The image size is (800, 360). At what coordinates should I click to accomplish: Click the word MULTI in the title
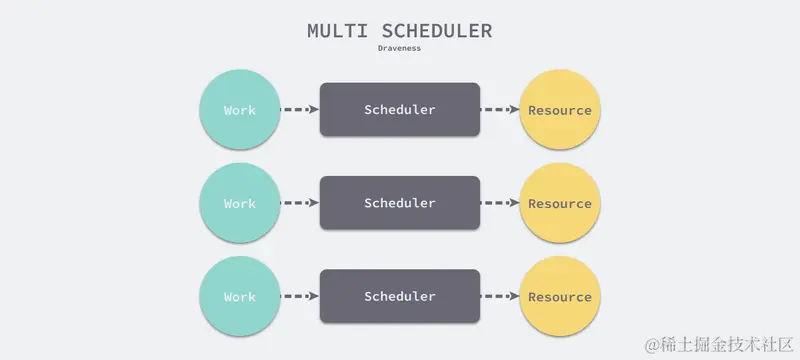click(x=337, y=31)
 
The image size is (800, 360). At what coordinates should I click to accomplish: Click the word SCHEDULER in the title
click(x=437, y=31)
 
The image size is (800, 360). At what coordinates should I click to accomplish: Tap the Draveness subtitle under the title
click(x=399, y=48)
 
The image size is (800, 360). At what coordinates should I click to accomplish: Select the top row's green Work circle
click(x=240, y=110)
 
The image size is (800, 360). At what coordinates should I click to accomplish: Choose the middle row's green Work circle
click(x=240, y=203)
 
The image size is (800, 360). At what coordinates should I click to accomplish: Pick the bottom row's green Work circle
click(x=240, y=296)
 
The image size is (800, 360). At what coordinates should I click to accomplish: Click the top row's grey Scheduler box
click(x=400, y=110)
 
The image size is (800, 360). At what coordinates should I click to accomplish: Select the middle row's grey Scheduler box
click(x=400, y=203)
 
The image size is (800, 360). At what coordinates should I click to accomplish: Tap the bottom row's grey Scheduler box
click(x=400, y=296)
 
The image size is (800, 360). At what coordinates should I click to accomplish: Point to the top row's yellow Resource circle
click(x=560, y=110)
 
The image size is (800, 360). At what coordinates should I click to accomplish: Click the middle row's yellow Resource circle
click(x=560, y=203)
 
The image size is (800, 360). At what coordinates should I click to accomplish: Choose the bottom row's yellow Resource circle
click(x=560, y=296)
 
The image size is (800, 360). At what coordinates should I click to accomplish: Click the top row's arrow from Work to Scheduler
click(x=300, y=110)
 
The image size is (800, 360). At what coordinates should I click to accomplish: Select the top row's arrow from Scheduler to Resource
click(x=500, y=110)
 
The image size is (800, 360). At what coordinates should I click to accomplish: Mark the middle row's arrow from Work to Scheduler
click(x=300, y=203)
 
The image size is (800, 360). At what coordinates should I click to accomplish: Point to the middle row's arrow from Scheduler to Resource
click(x=500, y=203)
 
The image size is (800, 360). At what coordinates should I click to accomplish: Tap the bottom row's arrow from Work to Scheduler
click(x=300, y=296)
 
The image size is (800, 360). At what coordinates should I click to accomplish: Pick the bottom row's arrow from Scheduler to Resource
click(x=500, y=296)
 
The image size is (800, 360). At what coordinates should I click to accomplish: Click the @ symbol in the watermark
click(x=653, y=345)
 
